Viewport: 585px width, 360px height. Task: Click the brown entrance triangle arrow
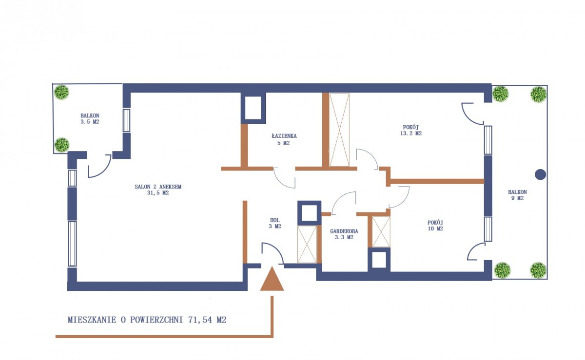(x=272, y=279)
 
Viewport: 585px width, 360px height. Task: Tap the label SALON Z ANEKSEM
(x=158, y=187)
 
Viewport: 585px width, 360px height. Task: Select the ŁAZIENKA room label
(x=284, y=136)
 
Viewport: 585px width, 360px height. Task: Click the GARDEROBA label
(x=344, y=231)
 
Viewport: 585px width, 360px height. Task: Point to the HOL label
(x=275, y=220)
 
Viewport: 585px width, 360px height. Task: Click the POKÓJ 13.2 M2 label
(x=411, y=130)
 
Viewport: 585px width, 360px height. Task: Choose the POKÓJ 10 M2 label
(x=435, y=226)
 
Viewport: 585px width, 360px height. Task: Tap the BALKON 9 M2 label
(x=517, y=195)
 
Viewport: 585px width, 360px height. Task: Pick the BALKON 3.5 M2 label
(x=90, y=118)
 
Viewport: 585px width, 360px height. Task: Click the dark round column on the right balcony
(x=540, y=175)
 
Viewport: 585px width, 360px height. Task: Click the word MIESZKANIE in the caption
(x=92, y=320)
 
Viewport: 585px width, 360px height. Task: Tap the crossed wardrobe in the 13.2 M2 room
(x=339, y=130)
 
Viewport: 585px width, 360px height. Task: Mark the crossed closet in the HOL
(x=307, y=245)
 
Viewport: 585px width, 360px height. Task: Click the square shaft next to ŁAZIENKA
(x=253, y=108)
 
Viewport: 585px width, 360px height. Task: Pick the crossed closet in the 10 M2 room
(x=381, y=232)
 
